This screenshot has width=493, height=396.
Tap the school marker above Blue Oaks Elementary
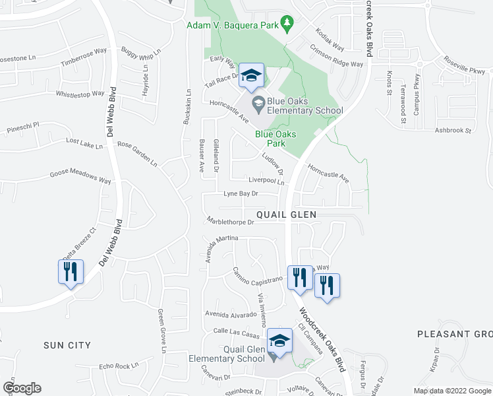tap(251, 76)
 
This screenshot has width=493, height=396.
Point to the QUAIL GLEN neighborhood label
tap(286, 214)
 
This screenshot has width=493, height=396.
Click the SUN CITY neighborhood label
tap(67, 345)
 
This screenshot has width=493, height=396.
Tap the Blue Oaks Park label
tap(275, 139)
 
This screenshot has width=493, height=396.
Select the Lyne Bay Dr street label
tap(241, 194)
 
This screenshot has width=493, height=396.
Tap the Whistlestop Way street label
tap(82, 94)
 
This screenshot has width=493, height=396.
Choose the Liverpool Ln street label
tap(266, 180)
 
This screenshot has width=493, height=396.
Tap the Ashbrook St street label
tap(453, 131)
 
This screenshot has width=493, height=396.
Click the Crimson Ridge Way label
tap(336, 56)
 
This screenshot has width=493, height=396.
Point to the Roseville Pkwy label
tap(464, 69)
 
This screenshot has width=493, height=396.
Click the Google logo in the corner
tap(22, 388)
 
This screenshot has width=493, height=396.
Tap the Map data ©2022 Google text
tap(451, 391)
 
